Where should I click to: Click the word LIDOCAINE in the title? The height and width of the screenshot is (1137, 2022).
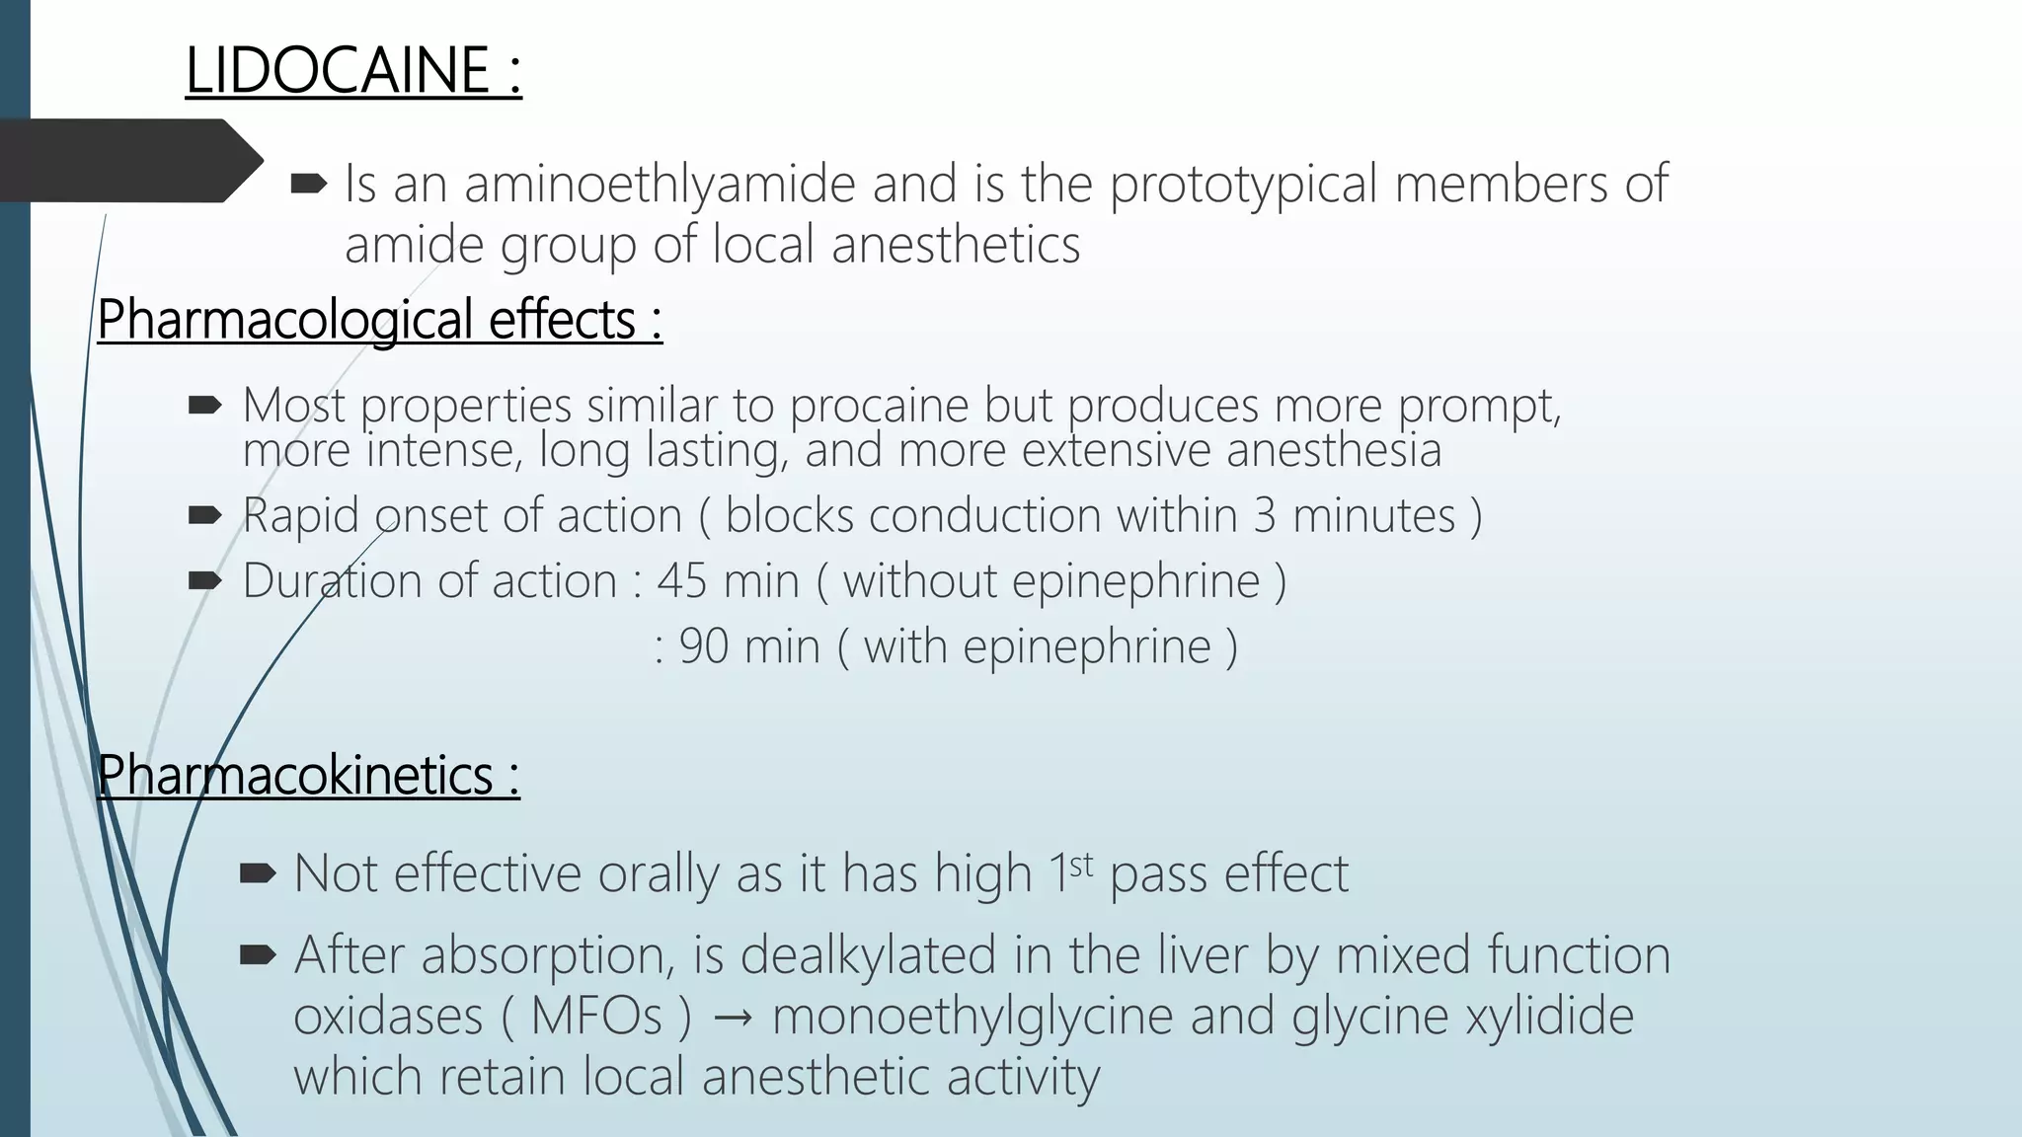337,71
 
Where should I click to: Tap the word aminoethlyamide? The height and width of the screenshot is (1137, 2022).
660,185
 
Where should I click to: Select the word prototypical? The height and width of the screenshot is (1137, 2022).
1242,185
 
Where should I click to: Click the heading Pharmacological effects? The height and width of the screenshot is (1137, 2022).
379,320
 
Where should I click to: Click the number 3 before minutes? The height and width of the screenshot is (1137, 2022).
1265,515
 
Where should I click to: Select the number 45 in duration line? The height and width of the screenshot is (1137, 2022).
681,580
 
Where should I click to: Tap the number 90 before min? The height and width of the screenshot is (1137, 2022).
703,646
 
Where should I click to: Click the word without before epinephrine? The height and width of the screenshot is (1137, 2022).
919,580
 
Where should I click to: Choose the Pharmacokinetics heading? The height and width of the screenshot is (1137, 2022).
308,775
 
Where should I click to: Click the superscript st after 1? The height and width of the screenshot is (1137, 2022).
1081,865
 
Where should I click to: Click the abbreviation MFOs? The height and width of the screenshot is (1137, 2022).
595,1017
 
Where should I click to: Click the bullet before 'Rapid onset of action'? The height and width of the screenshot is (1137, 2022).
204,515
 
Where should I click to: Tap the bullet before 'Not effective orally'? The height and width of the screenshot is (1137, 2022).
257,872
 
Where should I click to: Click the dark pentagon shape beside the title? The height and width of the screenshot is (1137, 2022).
128,160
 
